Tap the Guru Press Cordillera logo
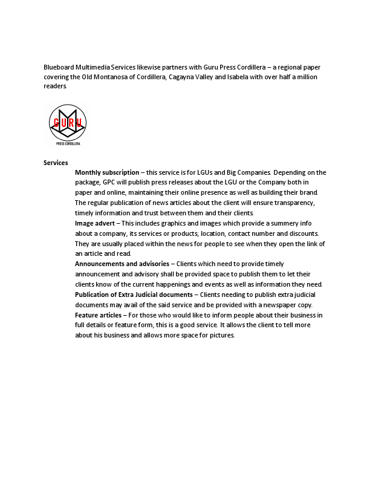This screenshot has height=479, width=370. pos(67,124)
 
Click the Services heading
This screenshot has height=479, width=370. pos(56,163)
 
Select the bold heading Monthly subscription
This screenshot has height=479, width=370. pos(106,172)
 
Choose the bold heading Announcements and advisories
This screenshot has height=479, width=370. pos(122,264)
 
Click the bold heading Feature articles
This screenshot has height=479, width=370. pos(98,315)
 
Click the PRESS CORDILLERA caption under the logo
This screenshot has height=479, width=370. pos(68,144)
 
